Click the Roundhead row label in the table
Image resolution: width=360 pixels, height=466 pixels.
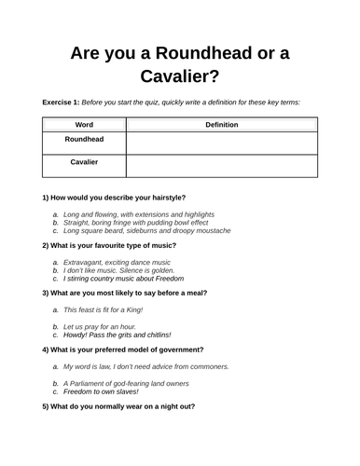point(84,140)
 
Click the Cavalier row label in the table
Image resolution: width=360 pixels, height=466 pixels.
point(84,162)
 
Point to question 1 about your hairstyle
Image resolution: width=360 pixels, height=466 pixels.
point(114,198)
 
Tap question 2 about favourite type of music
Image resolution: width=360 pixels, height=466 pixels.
point(118,246)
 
